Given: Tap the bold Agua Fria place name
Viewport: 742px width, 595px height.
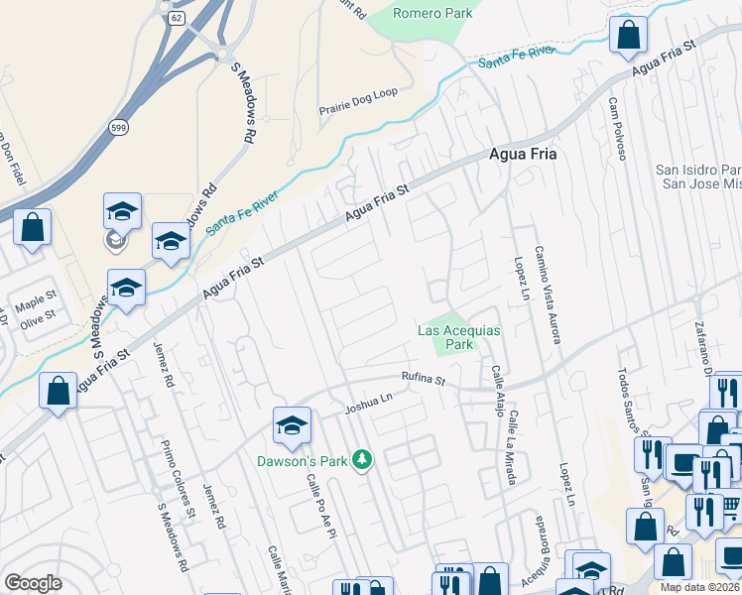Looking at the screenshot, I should tap(523, 155).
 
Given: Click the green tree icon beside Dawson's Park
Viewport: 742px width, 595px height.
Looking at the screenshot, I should tap(363, 459).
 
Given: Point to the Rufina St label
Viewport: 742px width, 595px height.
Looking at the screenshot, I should tap(425, 378).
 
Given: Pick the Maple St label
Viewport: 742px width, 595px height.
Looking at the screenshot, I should tap(37, 295).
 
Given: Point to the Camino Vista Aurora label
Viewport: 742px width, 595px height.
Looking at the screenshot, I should tap(548, 295).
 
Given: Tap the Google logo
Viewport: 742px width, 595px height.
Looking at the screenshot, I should tap(33, 583).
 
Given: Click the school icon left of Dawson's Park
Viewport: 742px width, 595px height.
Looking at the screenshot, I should tap(292, 425).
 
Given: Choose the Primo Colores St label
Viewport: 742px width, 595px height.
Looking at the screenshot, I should tap(179, 480).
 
